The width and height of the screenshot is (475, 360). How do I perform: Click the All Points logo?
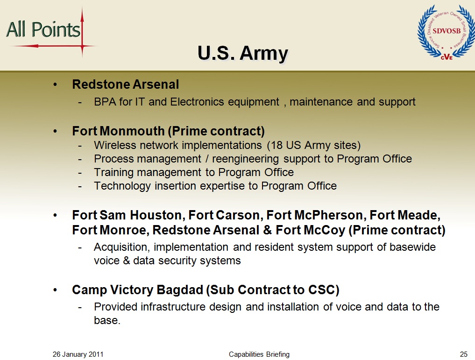point(50,32)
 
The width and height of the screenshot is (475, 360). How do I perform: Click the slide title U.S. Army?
point(243,53)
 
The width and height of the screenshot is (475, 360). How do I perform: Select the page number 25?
point(463,354)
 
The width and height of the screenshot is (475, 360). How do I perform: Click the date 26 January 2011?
point(78,354)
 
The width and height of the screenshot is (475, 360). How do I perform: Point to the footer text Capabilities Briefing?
point(259,354)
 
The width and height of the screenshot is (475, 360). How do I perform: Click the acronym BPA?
point(105,102)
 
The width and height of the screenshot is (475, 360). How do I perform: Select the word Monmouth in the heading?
point(132,131)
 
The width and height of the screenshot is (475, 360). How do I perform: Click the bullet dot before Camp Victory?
point(55,290)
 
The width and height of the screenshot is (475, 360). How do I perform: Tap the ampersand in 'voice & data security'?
point(126,261)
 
